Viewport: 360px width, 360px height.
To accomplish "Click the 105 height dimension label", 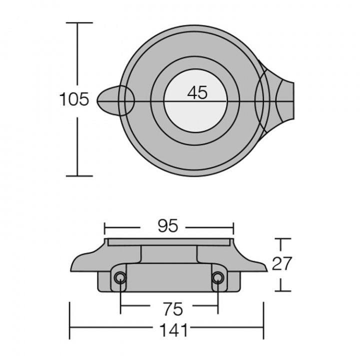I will [74, 99].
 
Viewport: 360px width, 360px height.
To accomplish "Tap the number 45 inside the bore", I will [197, 93].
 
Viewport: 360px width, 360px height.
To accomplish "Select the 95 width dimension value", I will [168, 226].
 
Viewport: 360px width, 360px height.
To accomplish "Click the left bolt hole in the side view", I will [119, 278].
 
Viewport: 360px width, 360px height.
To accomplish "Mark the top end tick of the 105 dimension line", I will [79, 23].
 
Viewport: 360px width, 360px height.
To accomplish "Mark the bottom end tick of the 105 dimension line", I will [79, 176].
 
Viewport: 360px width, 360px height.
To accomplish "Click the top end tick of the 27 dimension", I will [283, 239].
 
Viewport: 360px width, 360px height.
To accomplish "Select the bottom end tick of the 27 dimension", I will [283, 291].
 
